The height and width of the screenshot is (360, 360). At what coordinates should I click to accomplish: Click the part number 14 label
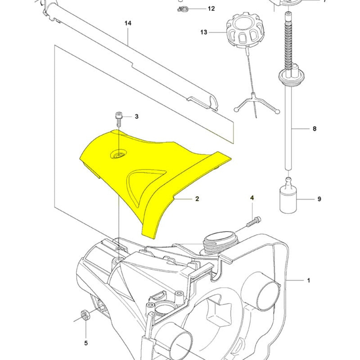[128, 23]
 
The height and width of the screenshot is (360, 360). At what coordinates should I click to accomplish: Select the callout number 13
[204, 32]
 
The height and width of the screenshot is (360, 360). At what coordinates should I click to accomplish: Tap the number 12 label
[211, 8]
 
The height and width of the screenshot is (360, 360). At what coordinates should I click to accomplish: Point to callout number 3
[136, 116]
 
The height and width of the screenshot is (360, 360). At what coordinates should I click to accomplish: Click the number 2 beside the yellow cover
[197, 199]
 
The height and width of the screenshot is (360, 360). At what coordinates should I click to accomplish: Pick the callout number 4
[252, 198]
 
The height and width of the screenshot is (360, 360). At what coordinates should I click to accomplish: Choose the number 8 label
[314, 129]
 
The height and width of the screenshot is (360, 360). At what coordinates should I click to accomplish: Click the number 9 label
[319, 199]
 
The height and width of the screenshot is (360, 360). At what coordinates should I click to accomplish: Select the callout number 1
[309, 280]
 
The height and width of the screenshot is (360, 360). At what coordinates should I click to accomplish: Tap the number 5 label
[86, 343]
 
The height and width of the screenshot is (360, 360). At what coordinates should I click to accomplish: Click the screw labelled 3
[119, 120]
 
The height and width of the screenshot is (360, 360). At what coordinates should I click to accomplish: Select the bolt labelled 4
[254, 221]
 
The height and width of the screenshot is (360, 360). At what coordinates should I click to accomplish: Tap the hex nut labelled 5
[85, 315]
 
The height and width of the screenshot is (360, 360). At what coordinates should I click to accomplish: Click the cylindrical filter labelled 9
[288, 199]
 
